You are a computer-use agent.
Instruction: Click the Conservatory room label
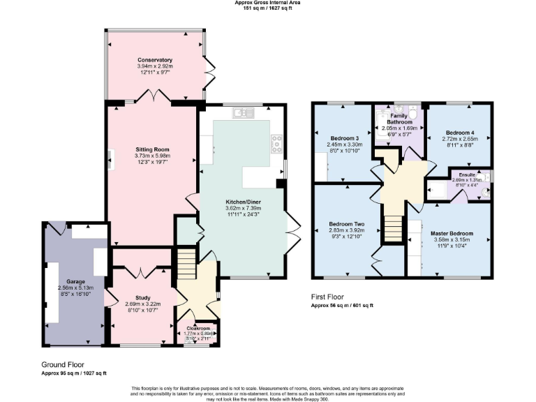click(154, 60)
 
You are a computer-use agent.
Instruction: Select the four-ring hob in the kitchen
click(277, 143)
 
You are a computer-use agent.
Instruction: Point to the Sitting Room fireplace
click(110, 159)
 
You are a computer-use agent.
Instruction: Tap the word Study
click(141, 297)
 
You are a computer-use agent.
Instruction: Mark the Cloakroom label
click(198, 328)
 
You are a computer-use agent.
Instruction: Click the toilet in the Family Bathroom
click(412, 113)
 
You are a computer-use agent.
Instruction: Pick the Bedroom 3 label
click(345, 138)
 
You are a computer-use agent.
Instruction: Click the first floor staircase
click(393, 227)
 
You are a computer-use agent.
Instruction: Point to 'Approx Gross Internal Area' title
click(268, 3)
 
